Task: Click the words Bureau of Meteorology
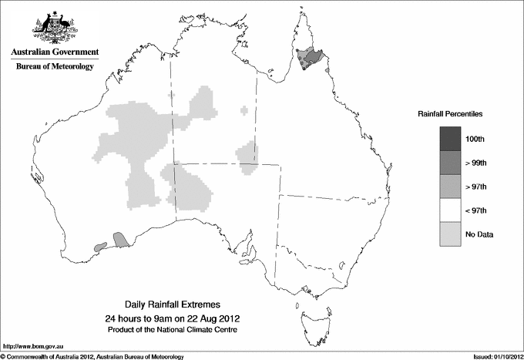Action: coord(55,67)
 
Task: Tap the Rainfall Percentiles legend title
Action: coord(450,114)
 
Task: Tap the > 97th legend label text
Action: coord(476,187)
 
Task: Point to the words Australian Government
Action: coord(55,52)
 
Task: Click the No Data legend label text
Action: coord(479,234)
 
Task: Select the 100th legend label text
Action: coord(475,139)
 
